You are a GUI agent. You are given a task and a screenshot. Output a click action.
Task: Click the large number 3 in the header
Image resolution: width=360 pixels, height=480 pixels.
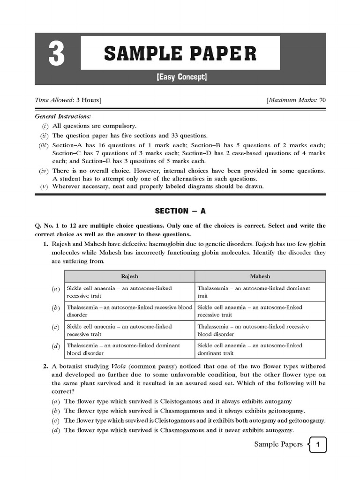tap(56, 55)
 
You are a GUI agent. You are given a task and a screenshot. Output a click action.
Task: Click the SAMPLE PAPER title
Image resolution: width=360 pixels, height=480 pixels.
tap(180, 53)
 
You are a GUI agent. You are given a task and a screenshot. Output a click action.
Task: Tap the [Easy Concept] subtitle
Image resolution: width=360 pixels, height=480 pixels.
tap(182, 77)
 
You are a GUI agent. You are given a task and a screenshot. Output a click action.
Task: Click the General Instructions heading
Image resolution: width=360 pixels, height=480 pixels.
tap(63, 116)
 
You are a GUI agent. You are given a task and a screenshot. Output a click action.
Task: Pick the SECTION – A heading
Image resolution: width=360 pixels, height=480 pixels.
tap(180, 211)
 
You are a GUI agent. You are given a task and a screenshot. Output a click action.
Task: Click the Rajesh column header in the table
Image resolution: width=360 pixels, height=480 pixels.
tap(129, 277)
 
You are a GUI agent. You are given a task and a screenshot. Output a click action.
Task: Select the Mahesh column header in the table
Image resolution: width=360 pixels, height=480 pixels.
tap(260, 277)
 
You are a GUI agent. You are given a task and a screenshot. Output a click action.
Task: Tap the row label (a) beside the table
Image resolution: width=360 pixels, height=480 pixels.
tap(56, 289)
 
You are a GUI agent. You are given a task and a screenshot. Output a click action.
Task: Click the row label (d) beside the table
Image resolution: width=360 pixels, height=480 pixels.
tap(56, 346)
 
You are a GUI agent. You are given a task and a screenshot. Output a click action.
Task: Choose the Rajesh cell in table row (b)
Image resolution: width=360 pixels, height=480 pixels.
tap(129, 311)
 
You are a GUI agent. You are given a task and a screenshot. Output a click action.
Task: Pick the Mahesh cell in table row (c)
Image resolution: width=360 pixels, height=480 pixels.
tap(260, 330)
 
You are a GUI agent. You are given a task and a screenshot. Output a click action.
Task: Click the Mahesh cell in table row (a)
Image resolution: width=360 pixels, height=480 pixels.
tap(260, 292)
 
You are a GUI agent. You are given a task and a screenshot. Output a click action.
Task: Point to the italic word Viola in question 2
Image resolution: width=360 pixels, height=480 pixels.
tap(119, 366)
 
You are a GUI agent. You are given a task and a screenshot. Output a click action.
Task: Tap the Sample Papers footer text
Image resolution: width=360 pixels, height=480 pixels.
tap(278, 444)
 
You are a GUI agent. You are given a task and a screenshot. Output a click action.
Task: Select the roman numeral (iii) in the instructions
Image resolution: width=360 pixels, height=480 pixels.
tap(44, 145)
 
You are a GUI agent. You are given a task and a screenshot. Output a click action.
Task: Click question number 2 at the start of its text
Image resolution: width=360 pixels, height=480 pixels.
tap(46, 366)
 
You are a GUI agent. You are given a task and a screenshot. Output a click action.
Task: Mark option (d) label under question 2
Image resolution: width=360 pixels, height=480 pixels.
tap(56, 430)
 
